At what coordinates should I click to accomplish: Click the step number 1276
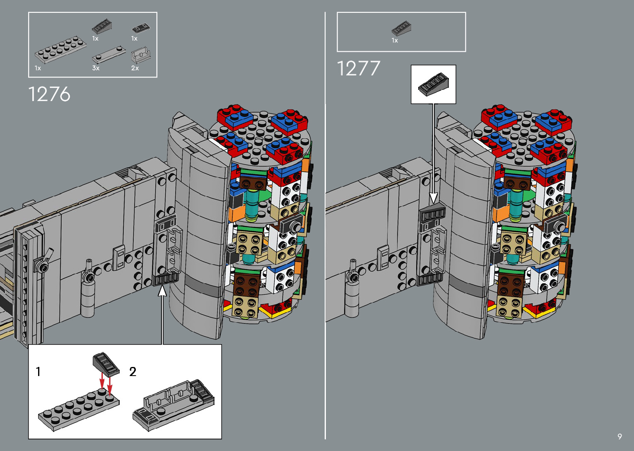click(49, 94)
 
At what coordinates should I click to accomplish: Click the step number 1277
click(358, 68)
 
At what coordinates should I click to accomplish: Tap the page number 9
click(620, 436)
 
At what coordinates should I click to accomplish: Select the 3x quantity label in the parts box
click(96, 68)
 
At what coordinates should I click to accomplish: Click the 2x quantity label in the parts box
click(135, 68)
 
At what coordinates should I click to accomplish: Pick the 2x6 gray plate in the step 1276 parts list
click(60, 49)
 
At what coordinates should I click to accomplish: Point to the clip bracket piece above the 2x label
click(141, 55)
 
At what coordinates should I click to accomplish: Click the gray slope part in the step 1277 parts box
click(401, 28)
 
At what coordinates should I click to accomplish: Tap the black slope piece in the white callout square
click(434, 84)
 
